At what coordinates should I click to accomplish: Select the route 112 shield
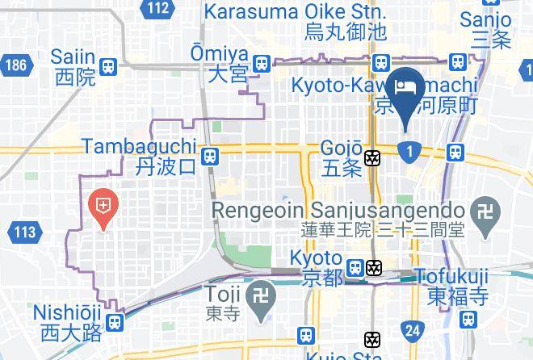pos(159,9)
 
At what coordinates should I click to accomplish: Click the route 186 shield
pos(15,65)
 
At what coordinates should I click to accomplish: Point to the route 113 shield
pos(25,233)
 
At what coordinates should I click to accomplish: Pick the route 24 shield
pos(413,329)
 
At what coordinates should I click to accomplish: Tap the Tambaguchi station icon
pos(210,155)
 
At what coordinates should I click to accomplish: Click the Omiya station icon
pos(261,64)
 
